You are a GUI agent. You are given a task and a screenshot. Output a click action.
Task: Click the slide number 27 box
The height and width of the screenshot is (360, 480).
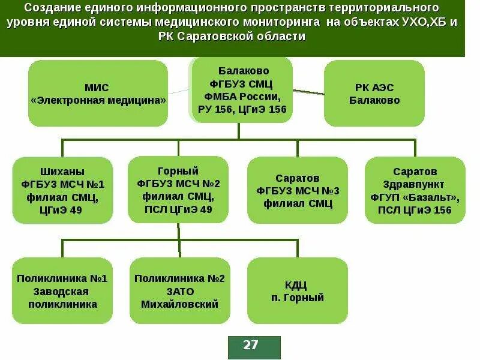(x=254, y=346)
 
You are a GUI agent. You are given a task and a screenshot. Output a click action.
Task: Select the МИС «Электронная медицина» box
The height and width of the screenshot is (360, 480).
(x=98, y=94)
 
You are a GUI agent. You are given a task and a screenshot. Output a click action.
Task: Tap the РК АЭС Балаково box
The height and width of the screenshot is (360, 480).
(x=374, y=94)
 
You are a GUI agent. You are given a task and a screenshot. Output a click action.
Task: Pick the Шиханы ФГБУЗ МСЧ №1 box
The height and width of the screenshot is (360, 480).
(x=62, y=190)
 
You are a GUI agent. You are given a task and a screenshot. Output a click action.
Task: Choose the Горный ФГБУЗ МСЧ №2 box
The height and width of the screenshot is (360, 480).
(x=178, y=190)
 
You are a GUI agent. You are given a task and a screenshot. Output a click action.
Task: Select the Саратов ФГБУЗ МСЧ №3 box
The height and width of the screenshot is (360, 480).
(x=298, y=190)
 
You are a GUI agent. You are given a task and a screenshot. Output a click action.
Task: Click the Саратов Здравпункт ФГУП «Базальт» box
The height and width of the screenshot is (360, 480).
(x=415, y=190)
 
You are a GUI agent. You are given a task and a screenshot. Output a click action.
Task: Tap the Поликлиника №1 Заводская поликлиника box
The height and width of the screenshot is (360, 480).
(x=62, y=291)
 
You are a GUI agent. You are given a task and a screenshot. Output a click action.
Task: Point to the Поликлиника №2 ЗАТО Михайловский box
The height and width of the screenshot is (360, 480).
(x=179, y=291)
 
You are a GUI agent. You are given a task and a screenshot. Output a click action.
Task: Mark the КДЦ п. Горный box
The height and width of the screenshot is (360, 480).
(x=297, y=291)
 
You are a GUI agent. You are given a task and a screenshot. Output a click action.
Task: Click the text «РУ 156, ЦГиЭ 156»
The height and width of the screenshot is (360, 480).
(x=242, y=110)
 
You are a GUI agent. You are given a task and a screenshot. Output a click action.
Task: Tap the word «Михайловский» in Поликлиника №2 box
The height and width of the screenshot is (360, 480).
(x=179, y=304)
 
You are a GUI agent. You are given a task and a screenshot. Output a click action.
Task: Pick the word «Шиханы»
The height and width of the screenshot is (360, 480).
(x=62, y=170)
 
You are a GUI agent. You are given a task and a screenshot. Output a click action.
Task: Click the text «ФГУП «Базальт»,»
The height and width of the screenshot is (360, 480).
(x=415, y=197)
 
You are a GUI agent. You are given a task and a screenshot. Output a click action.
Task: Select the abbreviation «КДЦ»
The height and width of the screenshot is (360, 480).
(x=297, y=284)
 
